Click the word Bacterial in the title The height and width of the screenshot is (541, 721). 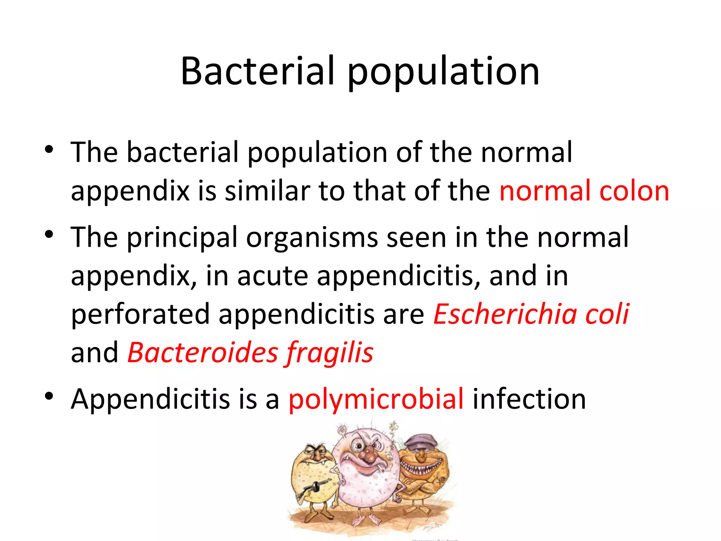pyautogui.click(x=257, y=71)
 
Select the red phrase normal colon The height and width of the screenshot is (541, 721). pyautogui.click(x=584, y=191)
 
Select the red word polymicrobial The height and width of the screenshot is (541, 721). pyautogui.click(x=376, y=400)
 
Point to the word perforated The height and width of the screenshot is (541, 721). pyautogui.click(x=140, y=314)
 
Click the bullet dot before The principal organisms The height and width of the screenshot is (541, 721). pyautogui.click(x=49, y=234)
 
